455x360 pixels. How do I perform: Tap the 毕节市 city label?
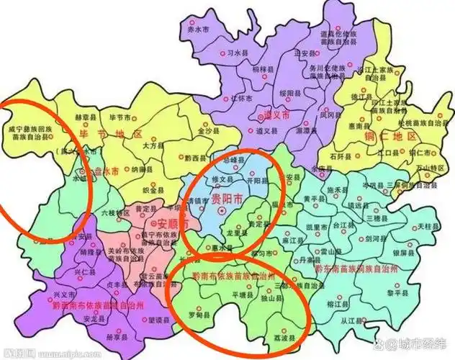pos(119,117)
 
